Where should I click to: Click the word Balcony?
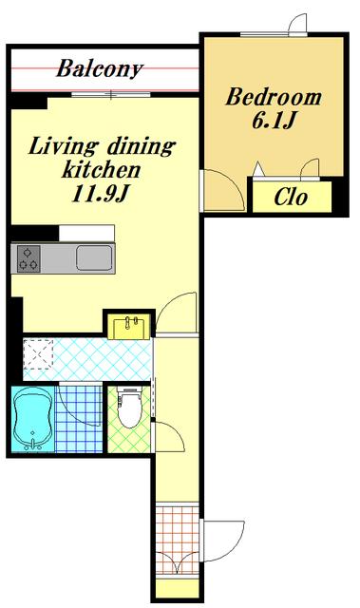point(100,69)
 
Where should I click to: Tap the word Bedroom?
point(274,97)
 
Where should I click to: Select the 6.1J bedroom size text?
point(274,121)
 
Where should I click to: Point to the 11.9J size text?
point(100,194)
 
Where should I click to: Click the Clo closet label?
point(291,198)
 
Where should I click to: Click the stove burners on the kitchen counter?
point(28,258)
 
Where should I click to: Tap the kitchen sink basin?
point(94,257)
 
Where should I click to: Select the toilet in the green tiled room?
point(129,407)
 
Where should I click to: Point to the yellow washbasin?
point(131,327)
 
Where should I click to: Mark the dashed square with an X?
point(38,354)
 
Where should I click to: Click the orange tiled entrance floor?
point(177,539)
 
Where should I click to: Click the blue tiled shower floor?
point(79,419)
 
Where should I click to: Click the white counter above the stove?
point(86,233)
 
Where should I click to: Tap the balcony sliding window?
point(111,94)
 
